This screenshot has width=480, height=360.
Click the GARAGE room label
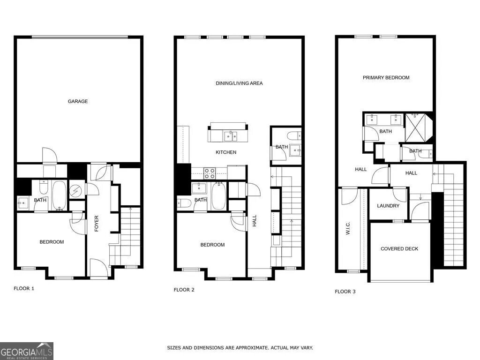click(x=78, y=101)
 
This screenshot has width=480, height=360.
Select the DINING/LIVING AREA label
click(x=239, y=83)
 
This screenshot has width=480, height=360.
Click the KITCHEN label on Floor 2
click(x=226, y=152)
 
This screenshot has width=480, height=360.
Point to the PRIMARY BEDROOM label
click(x=386, y=78)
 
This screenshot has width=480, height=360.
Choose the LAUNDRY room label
click(x=388, y=206)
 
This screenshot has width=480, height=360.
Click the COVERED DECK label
click(x=399, y=249)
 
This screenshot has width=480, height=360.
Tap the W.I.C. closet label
click(x=348, y=229)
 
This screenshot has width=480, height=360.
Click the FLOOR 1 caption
click(x=24, y=289)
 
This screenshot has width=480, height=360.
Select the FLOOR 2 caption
click(x=184, y=290)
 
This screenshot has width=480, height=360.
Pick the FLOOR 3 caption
click(x=345, y=292)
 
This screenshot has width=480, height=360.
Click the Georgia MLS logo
click(x=27, y=351)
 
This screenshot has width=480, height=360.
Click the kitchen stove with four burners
click(x=209, y=173)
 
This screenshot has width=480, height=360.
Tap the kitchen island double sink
click(x=230, y=136)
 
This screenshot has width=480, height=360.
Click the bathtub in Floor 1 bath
click(x=59, y=195)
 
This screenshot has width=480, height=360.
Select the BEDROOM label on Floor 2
click(x=212, y=245)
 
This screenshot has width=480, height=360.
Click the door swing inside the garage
click(x=49, y=155)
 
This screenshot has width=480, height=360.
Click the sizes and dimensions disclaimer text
click(x=240, y=348)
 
